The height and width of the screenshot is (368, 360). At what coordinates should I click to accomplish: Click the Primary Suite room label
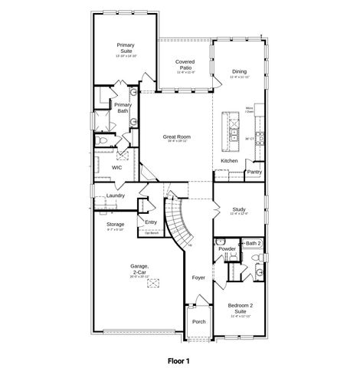tap(126, 48)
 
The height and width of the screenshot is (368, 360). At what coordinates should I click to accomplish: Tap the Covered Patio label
tap(185, 65)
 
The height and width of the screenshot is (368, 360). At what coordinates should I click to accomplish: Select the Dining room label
tap(239, 73)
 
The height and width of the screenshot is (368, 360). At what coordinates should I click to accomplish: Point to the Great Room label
tap(176, 137)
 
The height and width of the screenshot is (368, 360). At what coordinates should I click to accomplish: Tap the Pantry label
tap(254, 172)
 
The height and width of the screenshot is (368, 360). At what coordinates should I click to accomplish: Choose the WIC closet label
tap(116, 166)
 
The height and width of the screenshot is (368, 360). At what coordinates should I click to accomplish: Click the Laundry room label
tap(116, 195)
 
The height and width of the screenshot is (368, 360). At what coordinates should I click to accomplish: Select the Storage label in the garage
tap(115, 224)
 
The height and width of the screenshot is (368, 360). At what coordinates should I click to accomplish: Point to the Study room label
tap(239, 209)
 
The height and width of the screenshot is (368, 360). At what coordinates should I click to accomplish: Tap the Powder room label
tap(227, 249)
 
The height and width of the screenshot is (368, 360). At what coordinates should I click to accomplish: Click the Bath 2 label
tap(254, 243)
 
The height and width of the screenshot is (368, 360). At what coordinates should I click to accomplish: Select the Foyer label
tap(198, 278)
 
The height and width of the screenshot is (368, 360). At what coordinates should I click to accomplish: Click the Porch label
tap(198, 321)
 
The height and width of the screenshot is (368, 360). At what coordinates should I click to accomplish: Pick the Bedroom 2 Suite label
tap(240, 308)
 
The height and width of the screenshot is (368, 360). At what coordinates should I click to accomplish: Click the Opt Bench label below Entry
tap(151, 232)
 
